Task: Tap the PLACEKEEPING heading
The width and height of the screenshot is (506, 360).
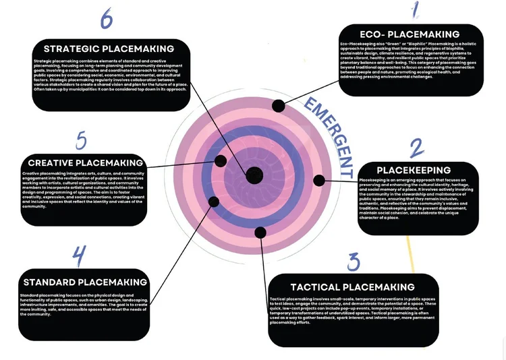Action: (x=414, y=170)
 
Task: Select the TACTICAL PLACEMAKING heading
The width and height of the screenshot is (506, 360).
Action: (x=352, y=287)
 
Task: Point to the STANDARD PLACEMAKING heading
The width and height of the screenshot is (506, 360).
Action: (x=85, y=282)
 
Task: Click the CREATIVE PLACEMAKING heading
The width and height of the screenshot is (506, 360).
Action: (x=86, y=162)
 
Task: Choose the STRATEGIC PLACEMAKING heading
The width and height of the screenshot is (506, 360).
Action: (x=109, y=49)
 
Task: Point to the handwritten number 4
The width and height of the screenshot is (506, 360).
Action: (x=80, y=257)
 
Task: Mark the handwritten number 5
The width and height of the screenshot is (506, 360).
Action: (x=81, y=141)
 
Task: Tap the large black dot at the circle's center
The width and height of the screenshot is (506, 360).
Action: (x=254, y=175)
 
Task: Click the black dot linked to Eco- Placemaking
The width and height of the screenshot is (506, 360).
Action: (x=278, y=104)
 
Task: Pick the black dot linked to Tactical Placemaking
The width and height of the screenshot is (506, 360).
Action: (x=260, y=233)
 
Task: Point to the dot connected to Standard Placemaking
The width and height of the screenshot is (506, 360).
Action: (x=214, y=201)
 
